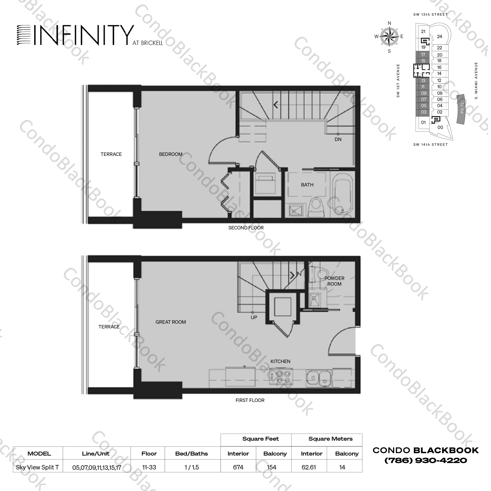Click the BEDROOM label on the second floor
[171, 154]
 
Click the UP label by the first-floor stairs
[254, 317]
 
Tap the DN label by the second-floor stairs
[338, 139]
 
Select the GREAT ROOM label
[171, 322]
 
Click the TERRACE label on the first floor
[109, 327]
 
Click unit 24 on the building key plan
[439, 37]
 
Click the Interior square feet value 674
[238, 467]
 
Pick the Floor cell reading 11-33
[149, 467]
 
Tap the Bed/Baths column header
[191, 454]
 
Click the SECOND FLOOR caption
[246, 228]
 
